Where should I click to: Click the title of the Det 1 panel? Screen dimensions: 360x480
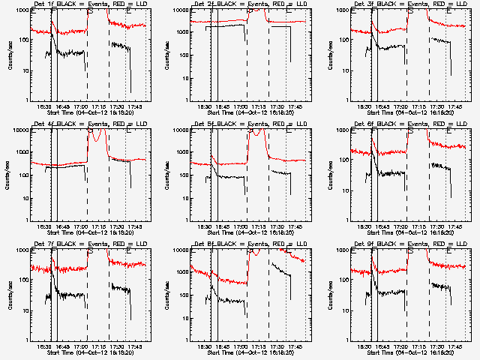tap(91, 4)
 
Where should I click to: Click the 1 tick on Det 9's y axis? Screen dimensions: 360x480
tap(346, 340)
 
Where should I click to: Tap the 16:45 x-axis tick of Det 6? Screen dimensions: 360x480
tap(383, 226)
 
